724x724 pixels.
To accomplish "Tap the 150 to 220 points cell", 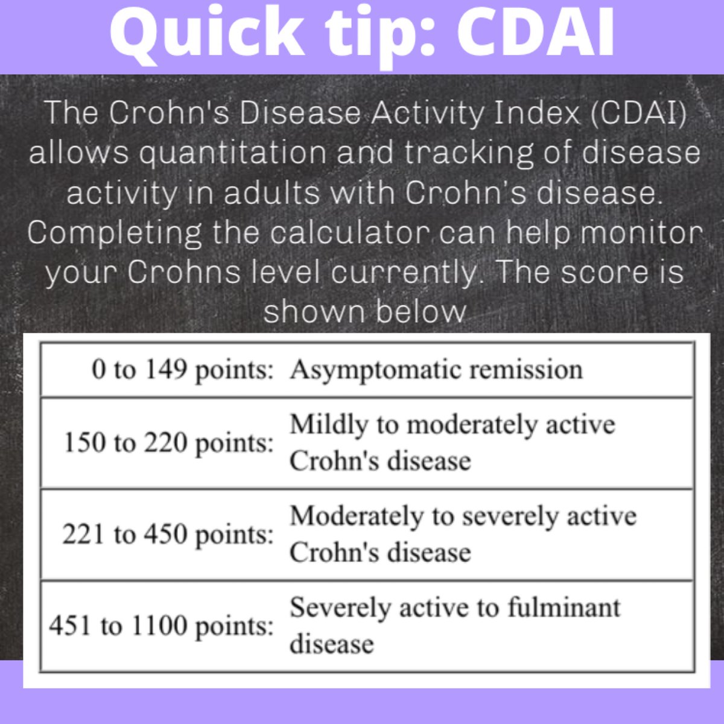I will [169, 443].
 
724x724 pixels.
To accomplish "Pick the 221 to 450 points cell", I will [168, 535].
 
